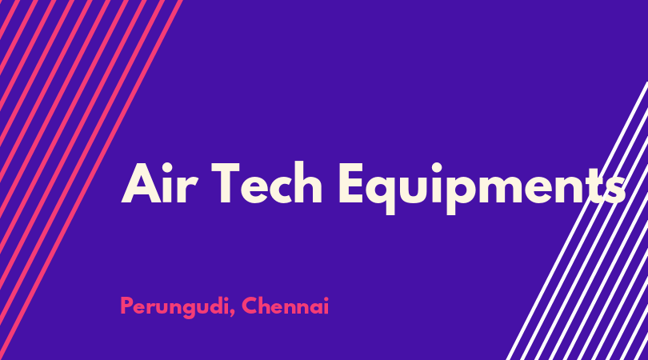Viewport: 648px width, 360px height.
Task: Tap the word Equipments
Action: [482, 188]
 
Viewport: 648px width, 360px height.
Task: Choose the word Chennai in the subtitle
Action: [285, 306]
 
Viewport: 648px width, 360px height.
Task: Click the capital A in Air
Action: [142, 183]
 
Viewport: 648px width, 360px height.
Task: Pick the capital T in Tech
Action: [226, 182]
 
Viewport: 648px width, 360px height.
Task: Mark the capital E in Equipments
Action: [351, 183]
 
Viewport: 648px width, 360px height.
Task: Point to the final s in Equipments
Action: [614, 188]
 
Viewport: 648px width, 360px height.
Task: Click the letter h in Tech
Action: [308, 182]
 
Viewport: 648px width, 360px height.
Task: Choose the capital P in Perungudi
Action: [127, 306]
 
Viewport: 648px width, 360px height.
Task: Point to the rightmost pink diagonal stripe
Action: [91, 180]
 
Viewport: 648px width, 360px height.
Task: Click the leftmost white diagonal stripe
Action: [578, 221]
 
